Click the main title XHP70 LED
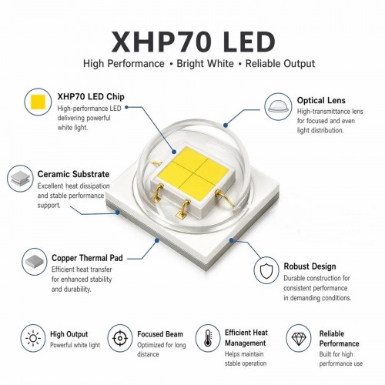(193, 42)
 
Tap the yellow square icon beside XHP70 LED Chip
(38, 102)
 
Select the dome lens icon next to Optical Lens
(278, 107)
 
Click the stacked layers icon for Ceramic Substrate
(20, 179)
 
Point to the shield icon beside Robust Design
(266, 270)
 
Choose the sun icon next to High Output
(33, 338)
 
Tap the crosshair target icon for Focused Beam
(120, 338)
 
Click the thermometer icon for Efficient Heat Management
(208, 338)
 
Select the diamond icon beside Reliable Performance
(299, 338)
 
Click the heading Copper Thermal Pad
(87, 258)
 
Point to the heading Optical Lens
(321, 100)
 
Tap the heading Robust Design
(310, 266)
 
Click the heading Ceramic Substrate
(73, 174)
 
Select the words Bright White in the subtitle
(206, 63)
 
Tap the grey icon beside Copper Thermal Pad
(35, 262)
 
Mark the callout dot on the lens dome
(226, 126)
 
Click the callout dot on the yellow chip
(174, 152)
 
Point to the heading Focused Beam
(160, 334)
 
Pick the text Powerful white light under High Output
(75, 345)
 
